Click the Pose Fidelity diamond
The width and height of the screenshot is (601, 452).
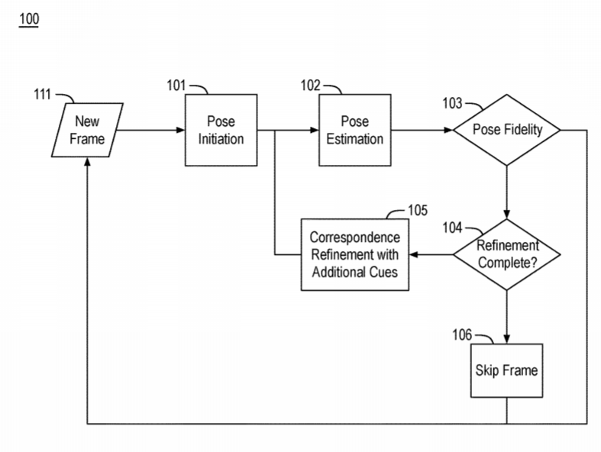pyautogui.click(x=507, y=130)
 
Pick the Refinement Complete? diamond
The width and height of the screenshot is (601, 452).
pyautogui.click(x=507, y=254)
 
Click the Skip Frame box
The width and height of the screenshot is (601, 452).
pyautogui.click(x=507, y=372)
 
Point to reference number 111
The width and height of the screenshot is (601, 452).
pyautogui.click(x=42, y=95)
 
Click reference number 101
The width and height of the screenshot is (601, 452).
pyautogui.click(x=176, y=86)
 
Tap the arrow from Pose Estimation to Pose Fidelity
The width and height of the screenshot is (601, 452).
pyautogui.click(x=418, y=131)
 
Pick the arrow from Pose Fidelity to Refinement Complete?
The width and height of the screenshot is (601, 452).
pyautogui.click(x=507, y=191)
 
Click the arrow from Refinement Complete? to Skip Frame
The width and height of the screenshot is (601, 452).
pyautogui.click(x=507, y=317)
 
